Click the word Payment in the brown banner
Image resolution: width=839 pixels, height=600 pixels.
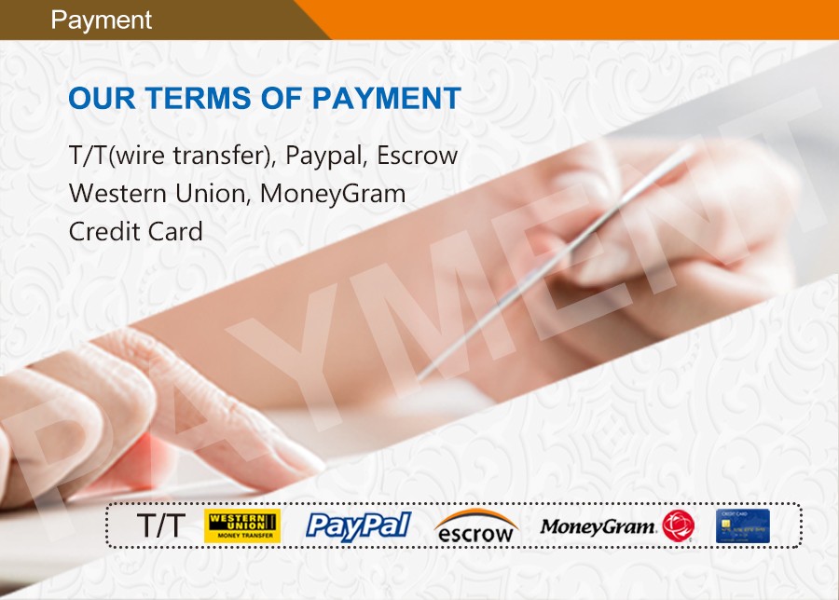(101, 20)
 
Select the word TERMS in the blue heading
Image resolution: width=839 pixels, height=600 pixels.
(199, 98)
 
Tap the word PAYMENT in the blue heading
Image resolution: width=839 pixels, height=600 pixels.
(386, 98)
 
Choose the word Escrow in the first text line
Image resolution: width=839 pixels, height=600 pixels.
(418, 156)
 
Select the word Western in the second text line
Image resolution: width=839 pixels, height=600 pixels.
(117, 194)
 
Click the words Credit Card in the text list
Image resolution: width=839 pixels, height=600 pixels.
(136, 232)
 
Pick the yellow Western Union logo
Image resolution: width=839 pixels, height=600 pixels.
(242, 525)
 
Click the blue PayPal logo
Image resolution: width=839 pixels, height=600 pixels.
(359, 525)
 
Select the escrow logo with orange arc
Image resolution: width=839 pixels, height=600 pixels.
(475, 526)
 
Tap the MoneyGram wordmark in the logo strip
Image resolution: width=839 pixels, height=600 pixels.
(598, 526)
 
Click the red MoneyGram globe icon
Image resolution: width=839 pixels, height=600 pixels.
(678, 525)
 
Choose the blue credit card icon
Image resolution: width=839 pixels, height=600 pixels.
(743, 526)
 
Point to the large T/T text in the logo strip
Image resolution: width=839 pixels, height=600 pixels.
(161, 525)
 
